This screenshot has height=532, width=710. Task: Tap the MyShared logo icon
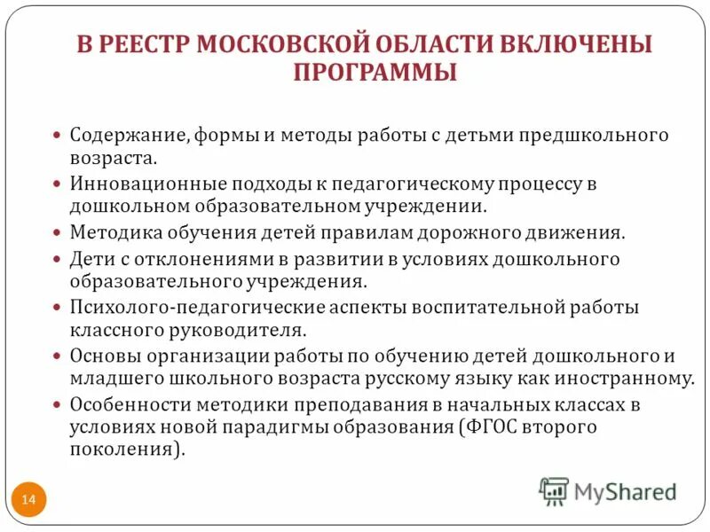tap(554, 491)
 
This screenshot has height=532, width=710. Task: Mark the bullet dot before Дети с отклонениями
tap(57, 260)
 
